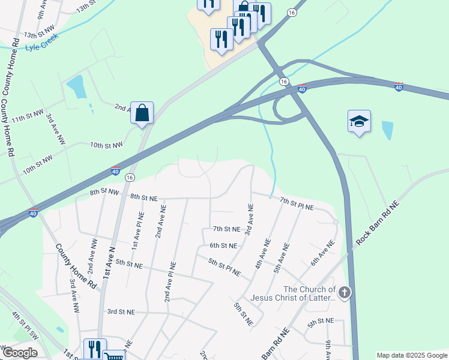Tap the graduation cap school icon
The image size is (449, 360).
coord(359,121)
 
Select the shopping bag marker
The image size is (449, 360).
coord(142,113)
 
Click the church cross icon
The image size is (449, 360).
coord(344,293)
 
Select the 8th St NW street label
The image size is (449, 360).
coord(105,192)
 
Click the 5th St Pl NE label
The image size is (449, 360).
coord(224,267)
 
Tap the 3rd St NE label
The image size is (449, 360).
coord(121,311)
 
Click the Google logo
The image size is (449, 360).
coord(20,353)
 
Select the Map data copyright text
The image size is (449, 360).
coord(411,355)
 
